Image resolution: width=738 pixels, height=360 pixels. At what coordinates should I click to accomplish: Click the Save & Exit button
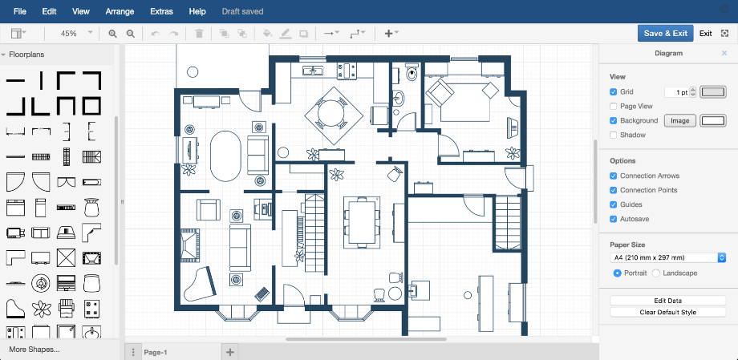(x=665, y=33)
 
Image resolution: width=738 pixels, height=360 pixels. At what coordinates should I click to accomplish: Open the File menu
(x=20, y=11)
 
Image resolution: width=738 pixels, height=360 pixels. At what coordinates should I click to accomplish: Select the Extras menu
(x=160, y=11)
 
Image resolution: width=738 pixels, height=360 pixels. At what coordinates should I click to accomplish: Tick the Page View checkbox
(x=614, y=106)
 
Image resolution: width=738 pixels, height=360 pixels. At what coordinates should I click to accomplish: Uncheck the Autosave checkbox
(x=614, y=219)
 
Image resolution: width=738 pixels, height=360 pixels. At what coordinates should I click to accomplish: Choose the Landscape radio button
(x=656, y=273)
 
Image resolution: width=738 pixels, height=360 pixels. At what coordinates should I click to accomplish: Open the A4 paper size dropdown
(x=667, y=257)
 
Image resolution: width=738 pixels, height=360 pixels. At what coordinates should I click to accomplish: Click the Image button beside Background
(x=679, y=120)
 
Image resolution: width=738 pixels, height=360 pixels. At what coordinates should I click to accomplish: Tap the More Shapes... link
(x=34, y=350)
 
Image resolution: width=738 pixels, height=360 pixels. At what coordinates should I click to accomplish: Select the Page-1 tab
(x=155, y=352)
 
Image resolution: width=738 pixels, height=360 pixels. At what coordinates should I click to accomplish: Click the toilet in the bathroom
(x=412, y=74)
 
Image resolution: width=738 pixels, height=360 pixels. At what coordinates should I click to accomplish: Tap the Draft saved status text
(x=242, y=11)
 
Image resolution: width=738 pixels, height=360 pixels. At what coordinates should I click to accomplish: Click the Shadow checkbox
(x=614, y=135)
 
